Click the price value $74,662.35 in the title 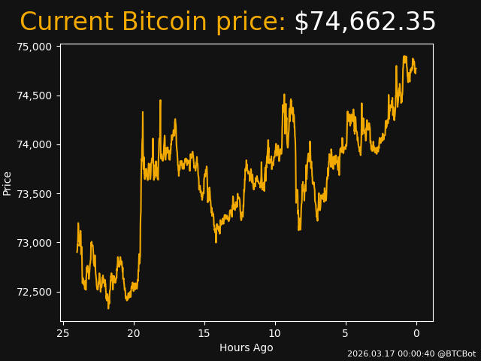pyautogui.click(x=365, y=23)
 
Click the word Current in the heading pyautogui.click(x=66, y=23)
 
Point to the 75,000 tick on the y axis pyautogui.click(x=34, y=47)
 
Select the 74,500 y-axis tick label pyautogui.click(x=34, y=96)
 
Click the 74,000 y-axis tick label pyautogui.click(x=34, y=144)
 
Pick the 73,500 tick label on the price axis pyautogui.click(x=34, y=194)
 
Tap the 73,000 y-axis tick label pyautogui.click(x=34, y=243)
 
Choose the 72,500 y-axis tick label pyautogui.click(x=34, y=292)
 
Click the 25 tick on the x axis pyautogui.click(x=63, y=333)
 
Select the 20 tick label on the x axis pyautogui.click(x=134, y=333)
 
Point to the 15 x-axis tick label pyautogui.click(x=204, y=333)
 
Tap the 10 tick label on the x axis pyautogui.click(x=275, y=333)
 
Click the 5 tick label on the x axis pyautogui.click(x=346, y=333)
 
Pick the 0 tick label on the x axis pyautogui.click(x=416, y=333)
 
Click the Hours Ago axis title pyautogui.click(x=246, y=347)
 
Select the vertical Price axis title pyautogui.click(x=8, y=183)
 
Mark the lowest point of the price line pyautogui.click(x=108, y=308)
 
